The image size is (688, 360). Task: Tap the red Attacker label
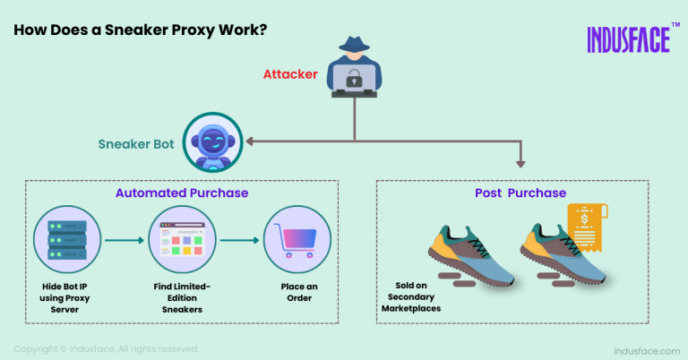289,74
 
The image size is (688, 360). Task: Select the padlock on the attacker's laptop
353,80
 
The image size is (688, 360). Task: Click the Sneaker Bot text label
137,143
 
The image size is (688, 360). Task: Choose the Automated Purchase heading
182,192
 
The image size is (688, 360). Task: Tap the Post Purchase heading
520,193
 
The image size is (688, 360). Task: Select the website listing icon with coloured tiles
176,240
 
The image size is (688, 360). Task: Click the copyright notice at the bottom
107,348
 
